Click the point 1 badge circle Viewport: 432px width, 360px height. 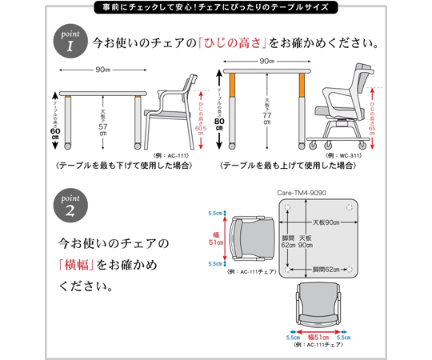tap(69, 41)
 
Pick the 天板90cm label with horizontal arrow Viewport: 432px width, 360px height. tap(325, 222)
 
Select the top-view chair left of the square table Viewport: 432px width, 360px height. tap(248, 239)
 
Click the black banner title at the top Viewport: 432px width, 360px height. tap(216, 10)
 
